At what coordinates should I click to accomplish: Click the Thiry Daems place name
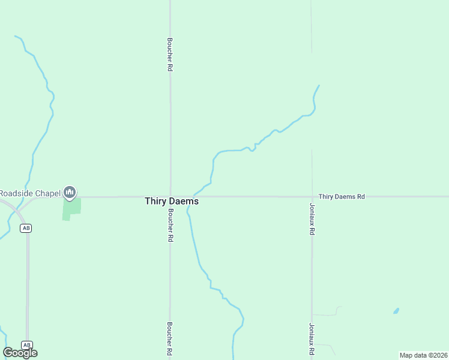tap(172, 202)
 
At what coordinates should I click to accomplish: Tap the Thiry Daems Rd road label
tap(342, 196)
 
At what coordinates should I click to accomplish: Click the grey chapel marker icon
tap(70, 192)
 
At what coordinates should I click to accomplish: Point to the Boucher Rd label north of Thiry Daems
tap(170, 55)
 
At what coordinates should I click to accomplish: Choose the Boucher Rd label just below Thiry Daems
tap(170, 225)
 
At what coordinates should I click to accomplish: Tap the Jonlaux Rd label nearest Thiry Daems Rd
tap(312, 218)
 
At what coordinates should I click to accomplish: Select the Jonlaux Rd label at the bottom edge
tap(312, 340)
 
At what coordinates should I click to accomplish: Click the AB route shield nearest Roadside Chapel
tap(26, 228)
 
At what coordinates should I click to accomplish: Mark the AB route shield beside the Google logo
tap(26, 345)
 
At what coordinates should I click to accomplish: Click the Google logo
tap(20, 353)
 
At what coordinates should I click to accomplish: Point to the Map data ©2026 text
tap(423, 355)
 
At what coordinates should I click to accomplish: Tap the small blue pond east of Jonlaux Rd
tap(396, 311)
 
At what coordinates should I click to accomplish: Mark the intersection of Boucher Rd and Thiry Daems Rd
tap(170, 196)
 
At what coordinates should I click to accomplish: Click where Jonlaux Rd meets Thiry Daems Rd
tap(312, 196)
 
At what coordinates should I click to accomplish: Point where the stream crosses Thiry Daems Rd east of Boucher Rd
tap(193, 196)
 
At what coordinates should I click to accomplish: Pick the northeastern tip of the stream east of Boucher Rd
tap(319, 85)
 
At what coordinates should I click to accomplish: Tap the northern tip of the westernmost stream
tap(15, 36)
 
